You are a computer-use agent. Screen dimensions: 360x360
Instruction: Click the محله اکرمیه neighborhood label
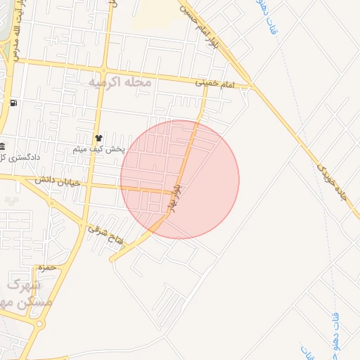point(120,82)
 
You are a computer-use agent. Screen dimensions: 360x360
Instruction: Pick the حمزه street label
point(46,268)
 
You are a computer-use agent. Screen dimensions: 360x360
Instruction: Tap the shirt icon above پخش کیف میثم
point(98,138)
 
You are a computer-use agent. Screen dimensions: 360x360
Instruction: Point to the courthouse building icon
point(2,146)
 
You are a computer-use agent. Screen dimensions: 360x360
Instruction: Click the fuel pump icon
point(13,103)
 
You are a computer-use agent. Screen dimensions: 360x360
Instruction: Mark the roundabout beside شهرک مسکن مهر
point(39,324)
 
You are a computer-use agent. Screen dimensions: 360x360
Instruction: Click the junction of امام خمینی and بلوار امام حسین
point(248,86)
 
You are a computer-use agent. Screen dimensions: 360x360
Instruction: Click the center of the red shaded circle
point(180,179)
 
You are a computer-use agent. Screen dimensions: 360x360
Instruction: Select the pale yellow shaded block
point(155,13)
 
